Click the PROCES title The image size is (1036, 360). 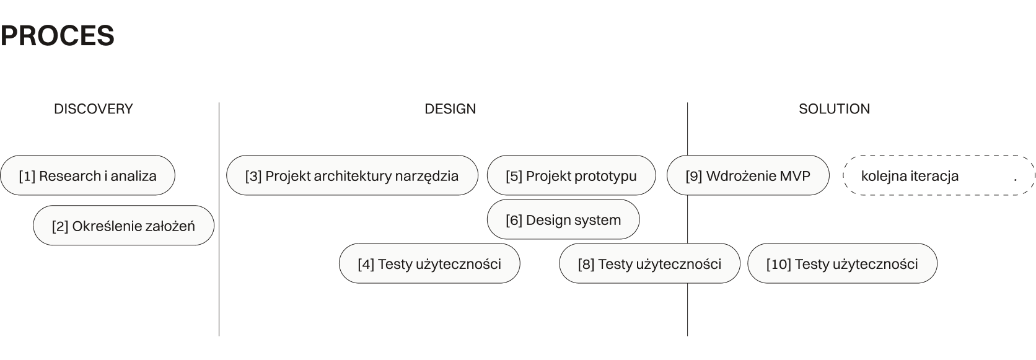tap(57, 36)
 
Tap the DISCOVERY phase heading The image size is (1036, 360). tap(94, 109)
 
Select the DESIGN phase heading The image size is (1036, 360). tap(450, 109)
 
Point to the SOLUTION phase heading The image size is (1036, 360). tap(834, 109)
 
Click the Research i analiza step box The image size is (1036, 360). tap(87, 176)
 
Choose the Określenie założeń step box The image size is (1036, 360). tap(123, 226)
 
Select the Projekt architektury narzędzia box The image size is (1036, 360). tap(352, 176)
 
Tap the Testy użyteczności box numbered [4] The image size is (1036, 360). tap(429, 264)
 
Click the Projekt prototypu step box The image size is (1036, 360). tap(571, 176)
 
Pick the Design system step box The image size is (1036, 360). tap(563, 220)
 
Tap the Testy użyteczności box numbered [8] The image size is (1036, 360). tap(649, 264)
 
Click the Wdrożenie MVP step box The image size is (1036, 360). tap(747, 176)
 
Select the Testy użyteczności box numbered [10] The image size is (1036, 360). tap(842, 264)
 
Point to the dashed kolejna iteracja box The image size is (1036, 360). tap(939, 176)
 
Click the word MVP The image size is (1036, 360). tap(796, 176)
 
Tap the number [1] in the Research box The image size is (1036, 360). tap(27, 176)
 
